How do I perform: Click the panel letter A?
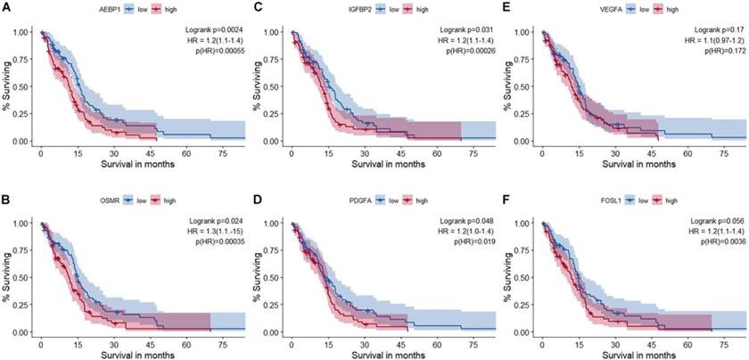(5, 7)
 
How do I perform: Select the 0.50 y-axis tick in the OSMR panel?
(19, 277)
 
